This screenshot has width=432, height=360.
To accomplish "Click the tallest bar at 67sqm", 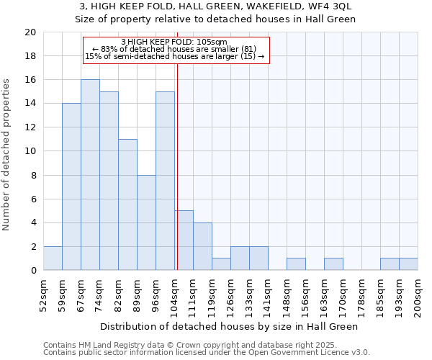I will point(90,175).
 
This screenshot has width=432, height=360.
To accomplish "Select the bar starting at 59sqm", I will point(71,186).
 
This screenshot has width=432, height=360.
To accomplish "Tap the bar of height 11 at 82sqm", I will point(127,204).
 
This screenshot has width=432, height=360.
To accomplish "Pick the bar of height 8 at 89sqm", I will point(146,222).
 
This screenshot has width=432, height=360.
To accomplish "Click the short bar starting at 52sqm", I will point(53,258).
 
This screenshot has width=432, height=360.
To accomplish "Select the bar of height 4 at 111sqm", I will point(202,246).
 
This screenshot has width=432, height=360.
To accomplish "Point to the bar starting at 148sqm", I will point(296,264).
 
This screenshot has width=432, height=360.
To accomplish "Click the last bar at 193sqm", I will point(408,264).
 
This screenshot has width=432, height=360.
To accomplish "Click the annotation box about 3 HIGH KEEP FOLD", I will point(176,50).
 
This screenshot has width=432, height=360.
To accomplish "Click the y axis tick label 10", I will point(30,151).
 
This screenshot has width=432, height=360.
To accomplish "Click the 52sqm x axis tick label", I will point(43,294).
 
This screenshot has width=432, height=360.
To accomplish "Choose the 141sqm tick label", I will point(268,294).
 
